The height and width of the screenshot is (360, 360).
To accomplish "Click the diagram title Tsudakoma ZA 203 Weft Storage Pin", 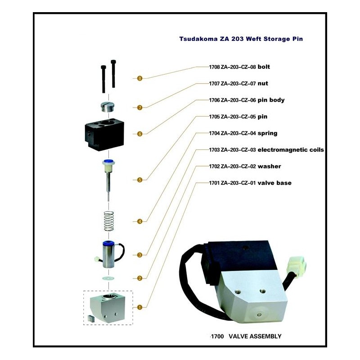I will pos(241,39).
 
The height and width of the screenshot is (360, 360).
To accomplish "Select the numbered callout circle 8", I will pos(139,78).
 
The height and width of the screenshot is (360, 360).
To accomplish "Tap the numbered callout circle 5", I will pos(139,180).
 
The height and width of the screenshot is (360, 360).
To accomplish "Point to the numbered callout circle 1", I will pos(139,307).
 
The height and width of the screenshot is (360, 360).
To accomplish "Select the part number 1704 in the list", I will pos(215,133).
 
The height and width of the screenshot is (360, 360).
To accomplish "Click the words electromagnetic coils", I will pos(291,150).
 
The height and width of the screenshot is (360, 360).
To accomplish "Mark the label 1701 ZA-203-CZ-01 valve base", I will pos(250,183).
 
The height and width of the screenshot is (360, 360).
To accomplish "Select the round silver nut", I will pos(108,108).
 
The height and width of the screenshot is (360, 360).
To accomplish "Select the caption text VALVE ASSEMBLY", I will pos(255,336).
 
